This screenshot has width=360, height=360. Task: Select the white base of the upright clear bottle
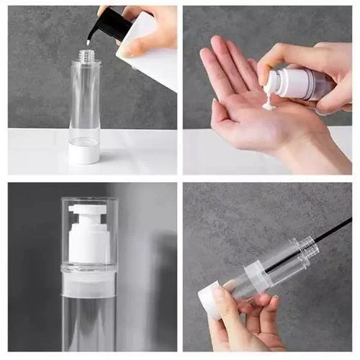84,152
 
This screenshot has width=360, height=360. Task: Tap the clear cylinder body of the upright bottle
85,101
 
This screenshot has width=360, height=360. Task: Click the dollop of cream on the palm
268,106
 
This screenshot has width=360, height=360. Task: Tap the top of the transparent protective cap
89,199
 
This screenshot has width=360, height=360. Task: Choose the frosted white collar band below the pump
89,284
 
